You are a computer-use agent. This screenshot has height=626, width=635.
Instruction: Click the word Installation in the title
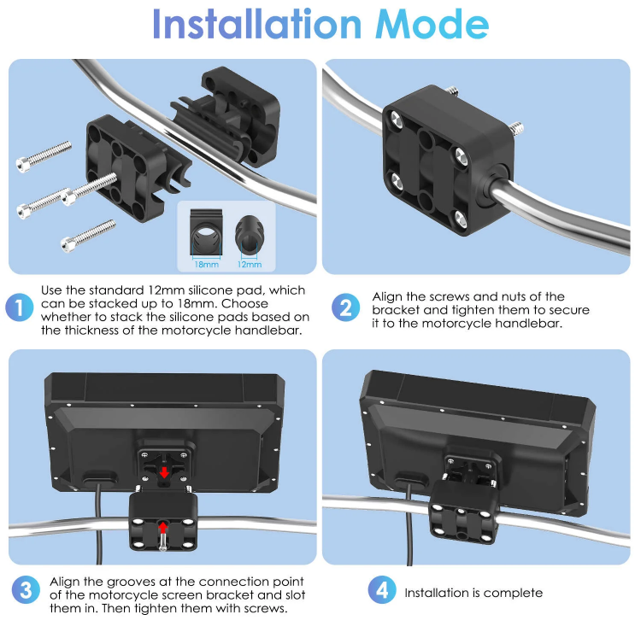coord(256,23)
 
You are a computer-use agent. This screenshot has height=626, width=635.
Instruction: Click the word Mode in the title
coord(432,24)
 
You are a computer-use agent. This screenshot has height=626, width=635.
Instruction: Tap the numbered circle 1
coord(19,307)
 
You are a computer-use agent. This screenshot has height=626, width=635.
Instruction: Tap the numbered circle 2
coord(345,307)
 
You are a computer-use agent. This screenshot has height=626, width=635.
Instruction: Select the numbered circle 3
coord(26,590)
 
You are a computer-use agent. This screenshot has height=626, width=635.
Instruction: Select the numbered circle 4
coord(382,590)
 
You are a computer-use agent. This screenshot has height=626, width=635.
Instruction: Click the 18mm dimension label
coord(207,265)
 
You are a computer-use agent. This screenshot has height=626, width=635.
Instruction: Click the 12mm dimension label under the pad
coord(250,265)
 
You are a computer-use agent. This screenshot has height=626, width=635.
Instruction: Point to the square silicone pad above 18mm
coord(206,232)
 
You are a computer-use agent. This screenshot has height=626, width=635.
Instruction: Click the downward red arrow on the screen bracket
coord(164,472)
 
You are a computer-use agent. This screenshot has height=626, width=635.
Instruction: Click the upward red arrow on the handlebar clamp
coord(162,528)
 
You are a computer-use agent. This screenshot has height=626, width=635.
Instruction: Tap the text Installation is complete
coord(473,593)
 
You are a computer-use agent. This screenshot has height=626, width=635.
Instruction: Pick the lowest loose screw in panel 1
coord(88,236)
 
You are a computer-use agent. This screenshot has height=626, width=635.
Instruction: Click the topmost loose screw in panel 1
coord(44,156)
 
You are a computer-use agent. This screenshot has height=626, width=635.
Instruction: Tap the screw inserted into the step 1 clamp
coord(90,189)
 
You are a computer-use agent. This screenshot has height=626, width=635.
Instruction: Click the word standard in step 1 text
coord(116,290)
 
